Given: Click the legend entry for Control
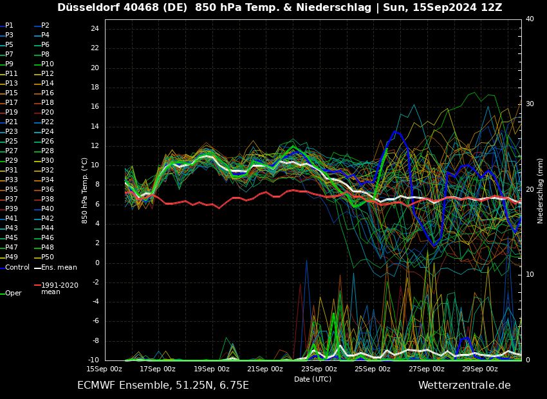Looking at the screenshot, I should (17, 267).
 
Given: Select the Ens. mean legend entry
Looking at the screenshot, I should (58, 267).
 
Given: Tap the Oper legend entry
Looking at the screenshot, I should (14, 293).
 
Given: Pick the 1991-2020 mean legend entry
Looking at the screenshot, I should (59, 288).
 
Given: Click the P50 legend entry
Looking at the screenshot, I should (48, 257).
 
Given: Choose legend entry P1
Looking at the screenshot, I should (9, 25).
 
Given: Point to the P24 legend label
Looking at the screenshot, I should (48, 131).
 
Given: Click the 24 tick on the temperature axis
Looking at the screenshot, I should (94, 29).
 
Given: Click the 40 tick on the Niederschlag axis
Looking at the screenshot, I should (530, 19).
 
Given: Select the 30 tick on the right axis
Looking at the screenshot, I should (530, 104).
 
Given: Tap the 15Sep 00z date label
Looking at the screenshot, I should (104, 369).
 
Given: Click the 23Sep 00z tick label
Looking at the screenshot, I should (319, 369).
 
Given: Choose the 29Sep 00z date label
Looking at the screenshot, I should (479, 369).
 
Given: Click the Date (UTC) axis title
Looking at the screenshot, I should (313, 379).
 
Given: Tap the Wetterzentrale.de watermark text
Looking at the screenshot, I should (464, 385).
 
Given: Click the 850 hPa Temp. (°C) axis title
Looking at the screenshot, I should (84, 190).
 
